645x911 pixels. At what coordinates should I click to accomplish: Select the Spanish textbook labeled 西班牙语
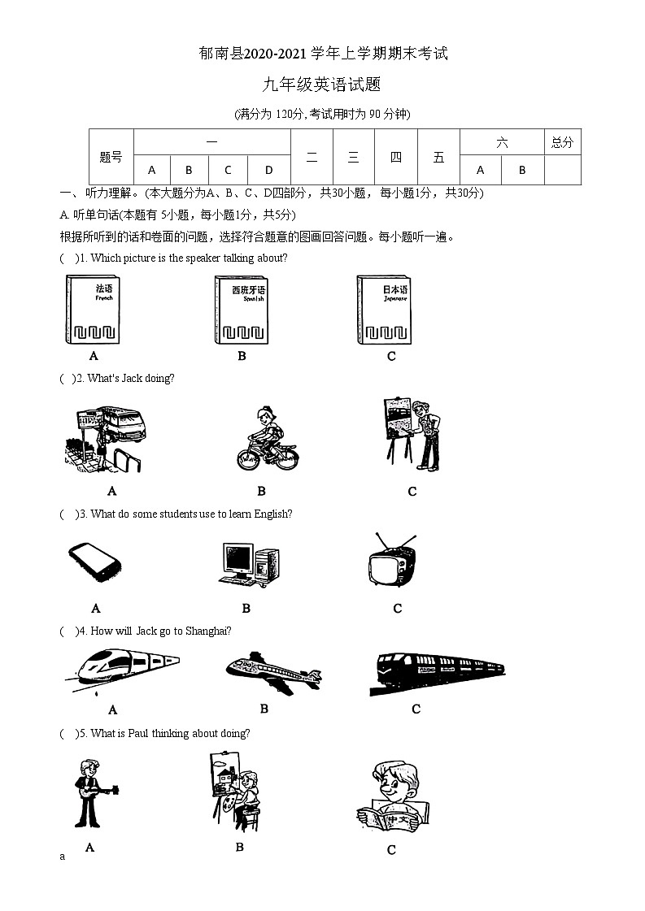pyautogui.click(x=242, y=310)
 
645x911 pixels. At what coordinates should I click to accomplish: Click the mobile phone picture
pyautogui.click(x=94, y=561)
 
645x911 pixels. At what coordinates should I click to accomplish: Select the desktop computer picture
pyautogui.click(x=248, y=564)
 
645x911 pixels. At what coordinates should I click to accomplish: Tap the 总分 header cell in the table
pyautogui.click(x=562, y=142)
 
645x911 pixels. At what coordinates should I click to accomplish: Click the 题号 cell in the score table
pyautogui.click(x=111, y=157)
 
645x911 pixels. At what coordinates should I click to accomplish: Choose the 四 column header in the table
pyautogui.click(x=396, y=157)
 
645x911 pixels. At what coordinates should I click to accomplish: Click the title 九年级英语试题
pyautogui.click(x=322, y=85)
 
